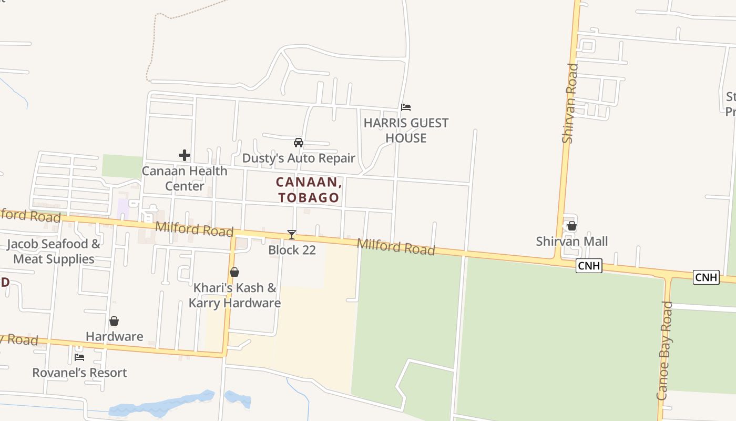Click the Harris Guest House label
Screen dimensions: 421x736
coord(406,131)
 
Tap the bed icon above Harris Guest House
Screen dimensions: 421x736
coord(405,107)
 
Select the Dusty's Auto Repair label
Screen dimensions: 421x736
coord(299,158)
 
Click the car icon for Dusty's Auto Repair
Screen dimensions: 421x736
coord(299,143)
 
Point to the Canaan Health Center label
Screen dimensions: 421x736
coord(185,178)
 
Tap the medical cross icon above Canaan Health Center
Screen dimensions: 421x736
coord(185,155)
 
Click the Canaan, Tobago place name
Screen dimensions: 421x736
coord(309,190)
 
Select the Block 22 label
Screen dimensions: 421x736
coord(292,250)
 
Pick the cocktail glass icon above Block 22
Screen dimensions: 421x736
coord(292,235)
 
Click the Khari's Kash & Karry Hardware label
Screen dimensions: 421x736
coord(234,295)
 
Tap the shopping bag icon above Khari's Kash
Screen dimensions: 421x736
coord(234,272)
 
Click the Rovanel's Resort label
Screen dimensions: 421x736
coord(79,373)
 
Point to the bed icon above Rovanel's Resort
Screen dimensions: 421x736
coord(79,357)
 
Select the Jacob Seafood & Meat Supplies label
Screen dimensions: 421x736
coord(54,252)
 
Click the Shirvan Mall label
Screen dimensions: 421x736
coord(572,242)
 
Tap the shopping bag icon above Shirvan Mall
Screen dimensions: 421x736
coord(572,226)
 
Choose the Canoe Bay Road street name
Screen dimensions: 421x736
coord(665,350)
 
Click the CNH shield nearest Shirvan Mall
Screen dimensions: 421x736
coord(589,266)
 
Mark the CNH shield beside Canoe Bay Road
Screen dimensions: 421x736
coord(706,277)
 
